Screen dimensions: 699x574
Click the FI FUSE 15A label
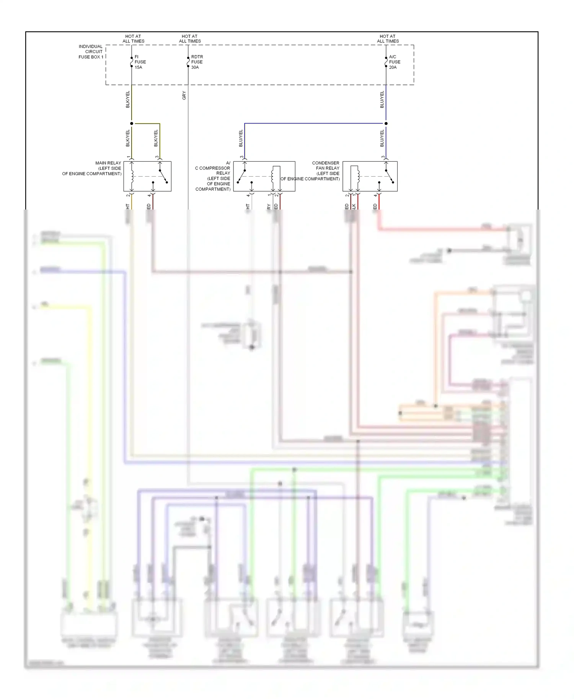[x=140, y=62]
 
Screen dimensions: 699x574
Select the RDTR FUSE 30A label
[x=197, y=62]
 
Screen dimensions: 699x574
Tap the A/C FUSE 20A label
[x=395, y=62]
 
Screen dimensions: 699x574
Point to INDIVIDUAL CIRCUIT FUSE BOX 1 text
[x=91, y=52]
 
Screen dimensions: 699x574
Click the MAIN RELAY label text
[x=92, y=168]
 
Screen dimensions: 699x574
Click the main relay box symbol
[x=147, y=176]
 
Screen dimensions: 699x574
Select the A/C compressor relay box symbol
[x=264, y=176]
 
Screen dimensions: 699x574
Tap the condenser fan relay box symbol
[x=370, y=176]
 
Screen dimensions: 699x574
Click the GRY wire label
[x=184, y=96]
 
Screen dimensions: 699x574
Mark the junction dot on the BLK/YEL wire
[x=132, y=124]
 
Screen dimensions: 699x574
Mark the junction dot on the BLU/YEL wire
[x=386, y=124]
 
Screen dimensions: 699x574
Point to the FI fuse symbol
[x=132, y=62]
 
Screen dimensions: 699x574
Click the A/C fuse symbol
[x=386, y=62]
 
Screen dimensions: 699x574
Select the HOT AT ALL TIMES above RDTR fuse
[x=190, y=39]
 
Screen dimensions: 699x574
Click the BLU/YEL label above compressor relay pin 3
[x=241, y=138]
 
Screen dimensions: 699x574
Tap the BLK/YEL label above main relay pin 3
[x=156, y=138]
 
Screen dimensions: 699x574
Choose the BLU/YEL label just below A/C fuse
[x=382, y=99]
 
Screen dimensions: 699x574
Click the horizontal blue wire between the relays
[x=314, y=124]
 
